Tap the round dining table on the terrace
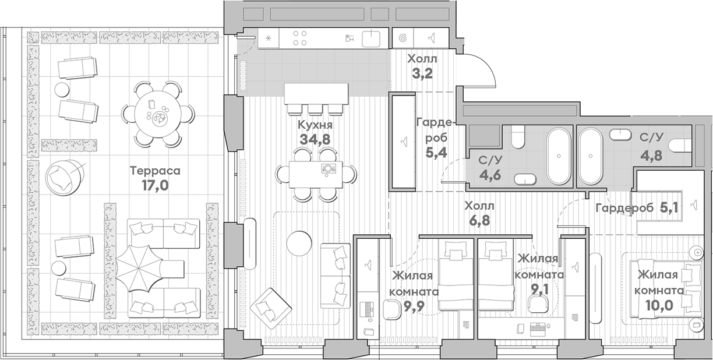pos(158,113)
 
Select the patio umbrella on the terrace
pos(137,270)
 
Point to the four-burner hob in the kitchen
pos(300,38)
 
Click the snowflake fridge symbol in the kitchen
pos(268,38)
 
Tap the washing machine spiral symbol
pos(403,38)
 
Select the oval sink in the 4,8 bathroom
pos(620,135)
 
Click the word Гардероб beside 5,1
pos(622,209)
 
